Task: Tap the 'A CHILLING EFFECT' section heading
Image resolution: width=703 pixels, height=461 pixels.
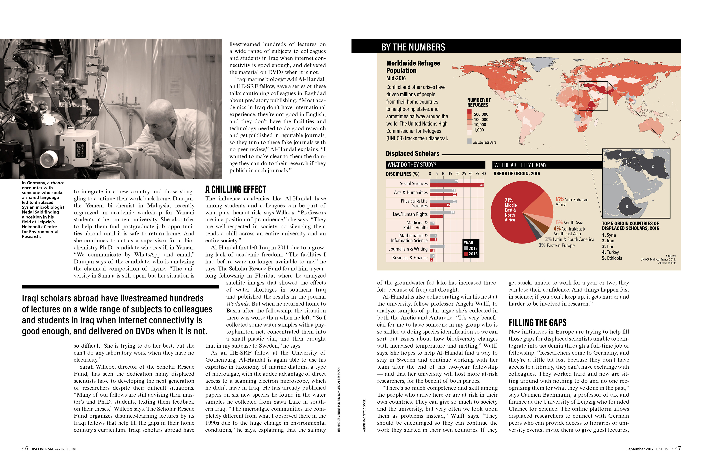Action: pyautogui.click(x=236, y=189)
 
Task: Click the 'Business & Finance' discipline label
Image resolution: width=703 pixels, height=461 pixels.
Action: pyautogui.click(x=410, y=258)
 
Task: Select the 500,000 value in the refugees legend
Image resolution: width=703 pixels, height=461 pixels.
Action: pyautogui.click(x=481, y=114)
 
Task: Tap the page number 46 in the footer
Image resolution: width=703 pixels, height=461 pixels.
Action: pyautogui.click(x=25, y=448)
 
